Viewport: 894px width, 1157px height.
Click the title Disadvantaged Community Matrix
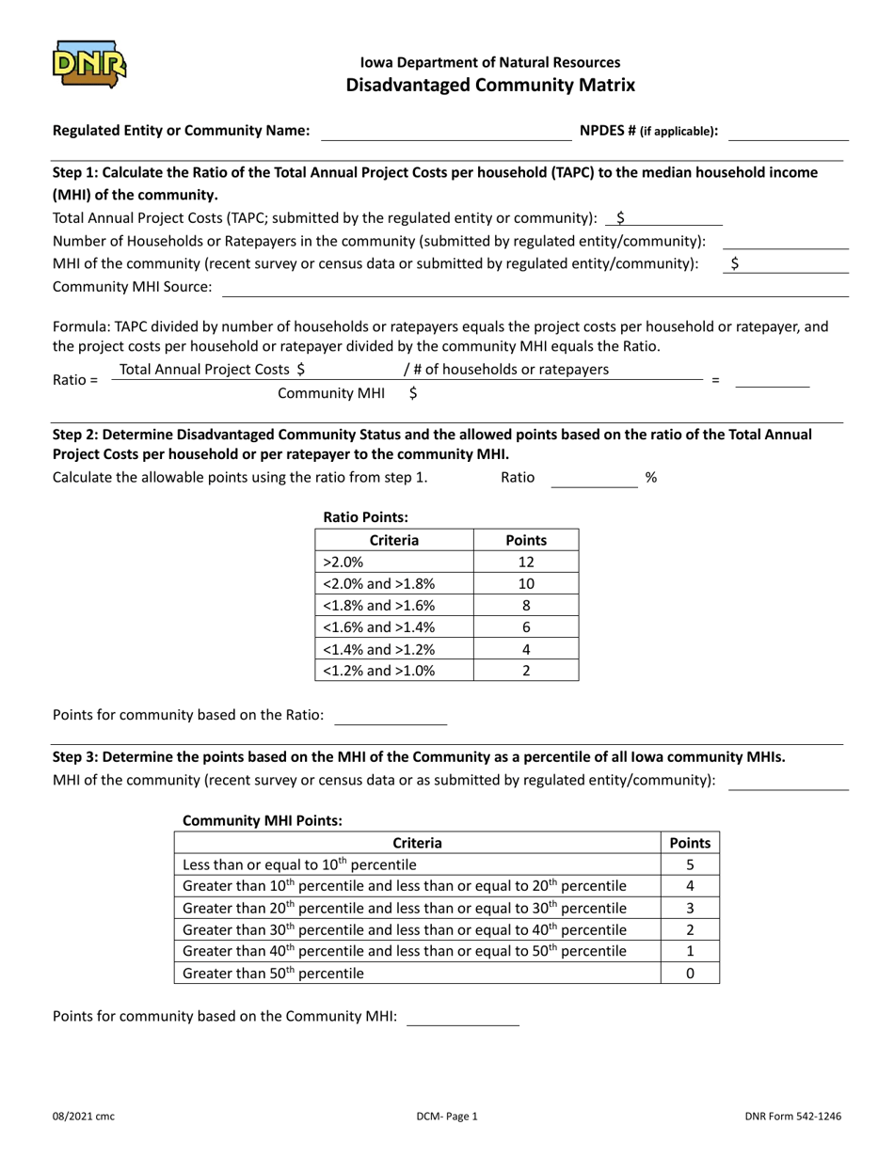(490, 86)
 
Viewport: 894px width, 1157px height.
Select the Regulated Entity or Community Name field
(446, 132)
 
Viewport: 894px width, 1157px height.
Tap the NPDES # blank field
(789, 132)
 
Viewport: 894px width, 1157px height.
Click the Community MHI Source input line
(534, 287)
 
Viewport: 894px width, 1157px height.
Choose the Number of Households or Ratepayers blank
(785, 241)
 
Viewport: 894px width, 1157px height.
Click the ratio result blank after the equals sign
(772, 379)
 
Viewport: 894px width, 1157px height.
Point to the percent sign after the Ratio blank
(650, 478)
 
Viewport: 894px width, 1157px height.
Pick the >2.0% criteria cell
(394, 562)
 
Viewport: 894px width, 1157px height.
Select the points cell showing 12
(526, 562)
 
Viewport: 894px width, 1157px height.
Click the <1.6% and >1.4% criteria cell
(394, 627)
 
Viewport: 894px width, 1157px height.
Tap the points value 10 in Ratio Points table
(526, 583)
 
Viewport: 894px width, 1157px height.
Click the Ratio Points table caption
(365, 516)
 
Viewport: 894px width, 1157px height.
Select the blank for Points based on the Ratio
(391, 716)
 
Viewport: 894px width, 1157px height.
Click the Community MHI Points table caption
(262, 820)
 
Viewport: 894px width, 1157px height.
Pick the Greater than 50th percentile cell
(418, 974)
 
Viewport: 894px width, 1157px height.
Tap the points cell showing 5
(690, 864)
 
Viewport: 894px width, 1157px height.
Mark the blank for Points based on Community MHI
(462, 1017)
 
